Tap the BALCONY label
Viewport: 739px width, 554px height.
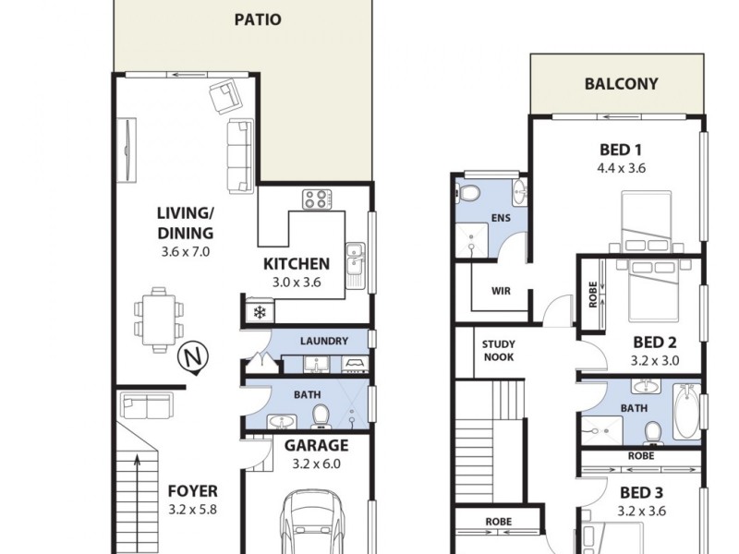pos(621,84)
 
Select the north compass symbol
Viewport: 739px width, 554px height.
pos(192,357)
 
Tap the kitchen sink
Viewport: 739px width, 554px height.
pos(355,260)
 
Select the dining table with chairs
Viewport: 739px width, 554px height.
pos(159,315)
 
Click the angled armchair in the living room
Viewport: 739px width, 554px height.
pos(224,95)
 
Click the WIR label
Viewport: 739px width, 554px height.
pos(501,291)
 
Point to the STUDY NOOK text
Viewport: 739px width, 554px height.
pos(499,352)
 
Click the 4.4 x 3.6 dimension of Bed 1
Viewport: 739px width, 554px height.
pos(621,168)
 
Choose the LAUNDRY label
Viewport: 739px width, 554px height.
pos(324,341)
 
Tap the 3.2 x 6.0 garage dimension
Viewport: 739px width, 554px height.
pos(310,464)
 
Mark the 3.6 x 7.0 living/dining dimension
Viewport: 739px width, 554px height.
pos(185,250)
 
